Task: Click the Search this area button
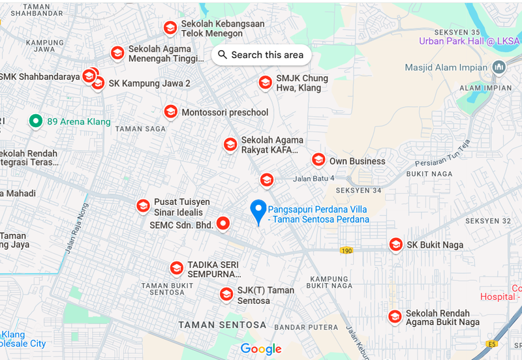pyautogui.click(x=261, y=55)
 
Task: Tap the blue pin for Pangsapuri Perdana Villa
pyautogui.click(x=259, y=211)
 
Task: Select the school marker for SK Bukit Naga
pyautogui.click(x=395, y=245)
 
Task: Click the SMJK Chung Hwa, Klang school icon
pyautogui.click(x=265, y=82)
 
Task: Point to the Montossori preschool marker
pyautogui.click(x=170, y=112)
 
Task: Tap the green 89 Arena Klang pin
pyautogui.click(x=36, y=121)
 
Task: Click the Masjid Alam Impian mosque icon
pyautogui.click(x=499, y=67)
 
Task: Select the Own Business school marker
pyautogui.click(x=318, y=160)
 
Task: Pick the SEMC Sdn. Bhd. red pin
pyautogui.click(x=224, y=224)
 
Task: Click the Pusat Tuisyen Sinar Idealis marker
pyautogui.click(x=143, y=206)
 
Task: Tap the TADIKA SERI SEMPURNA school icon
pyautogui.click(x=176, y=268)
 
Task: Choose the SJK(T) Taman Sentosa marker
pyautogui.click(x=226, y=294)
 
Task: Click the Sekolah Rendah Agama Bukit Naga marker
pyautogui.click(x=395, y=316)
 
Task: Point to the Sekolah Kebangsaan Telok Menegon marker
pyautogui.click(x=170, y=27)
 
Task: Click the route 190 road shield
pyautogui.click(x=346, y=250)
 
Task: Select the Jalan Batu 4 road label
pyautogui.click(x=314, y=178)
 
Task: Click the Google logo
pyautogui.click(x=261, y=349)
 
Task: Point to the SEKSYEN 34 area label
pyautogui.click(x=358, y=190)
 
